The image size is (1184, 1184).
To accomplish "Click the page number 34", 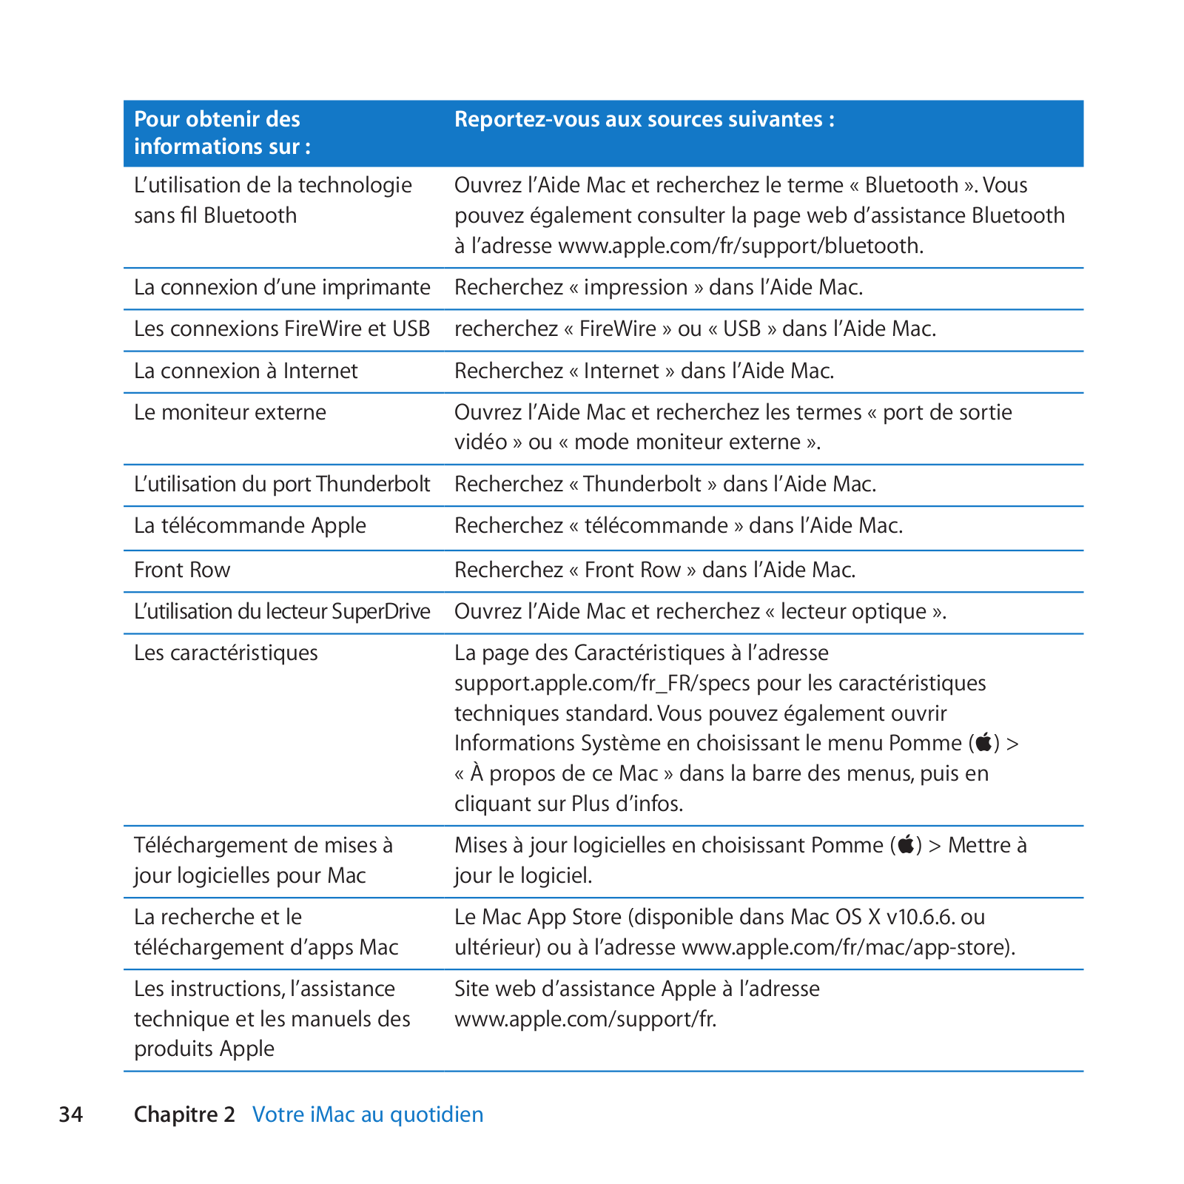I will (x=71, y=1114).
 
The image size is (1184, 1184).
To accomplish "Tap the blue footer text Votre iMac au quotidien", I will (x=368, y=1114).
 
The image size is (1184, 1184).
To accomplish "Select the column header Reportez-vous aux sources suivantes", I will (x=644, y=119).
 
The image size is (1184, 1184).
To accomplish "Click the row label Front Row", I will (x=182, y=570).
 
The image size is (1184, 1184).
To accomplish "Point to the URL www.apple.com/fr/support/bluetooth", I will (x=739, y=246).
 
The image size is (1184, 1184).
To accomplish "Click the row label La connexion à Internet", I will (x=246, y=371).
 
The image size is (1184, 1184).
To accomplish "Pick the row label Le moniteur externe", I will (x=230, y=412).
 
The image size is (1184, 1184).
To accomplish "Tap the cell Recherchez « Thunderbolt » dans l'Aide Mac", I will (x=665, y=484).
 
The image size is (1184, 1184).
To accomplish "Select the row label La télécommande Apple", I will (x=250, y=525).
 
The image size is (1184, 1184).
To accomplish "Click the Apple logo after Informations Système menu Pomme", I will (x=984, y=742).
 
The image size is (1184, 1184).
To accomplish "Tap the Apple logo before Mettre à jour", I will (x=906, y=844).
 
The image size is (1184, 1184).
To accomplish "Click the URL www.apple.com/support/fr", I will (x=585, y=1019).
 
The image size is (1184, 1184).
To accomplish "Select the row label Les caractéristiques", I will (x=226, y=653).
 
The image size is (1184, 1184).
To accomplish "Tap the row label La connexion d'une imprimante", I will (x=282, y=287).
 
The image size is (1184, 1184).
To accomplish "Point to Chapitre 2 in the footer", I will (x=184, y=1114).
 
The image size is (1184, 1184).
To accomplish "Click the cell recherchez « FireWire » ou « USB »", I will (x=695, y=329).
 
